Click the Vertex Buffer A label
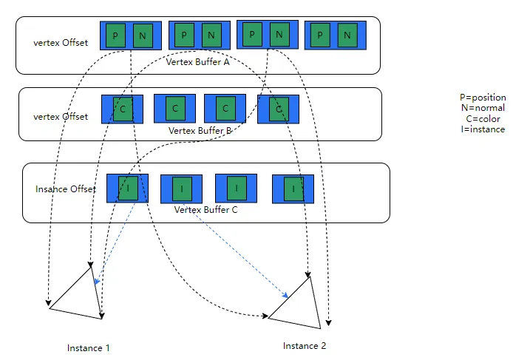tap(197, 62)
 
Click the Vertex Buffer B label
tap(200, 130)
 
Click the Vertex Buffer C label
tap(207, 210)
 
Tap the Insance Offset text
tap(66, 189)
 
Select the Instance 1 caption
tap(88, 348)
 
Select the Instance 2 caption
tap(304, 346)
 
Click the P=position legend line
tap(483, 97)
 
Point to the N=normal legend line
tap(483, 108)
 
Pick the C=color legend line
tap(483, 119)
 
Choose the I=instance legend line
tap(483, 129)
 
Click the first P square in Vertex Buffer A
tap(115, 35)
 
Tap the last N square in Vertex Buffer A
tap(346, 35)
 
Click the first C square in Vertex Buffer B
tap(123, 109)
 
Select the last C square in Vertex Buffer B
tap(277, 109)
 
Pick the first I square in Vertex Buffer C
tap(128, 189)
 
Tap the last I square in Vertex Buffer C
tap(293, 189)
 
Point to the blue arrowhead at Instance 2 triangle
tap(285, 296)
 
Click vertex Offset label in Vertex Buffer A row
tap(61, 42)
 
